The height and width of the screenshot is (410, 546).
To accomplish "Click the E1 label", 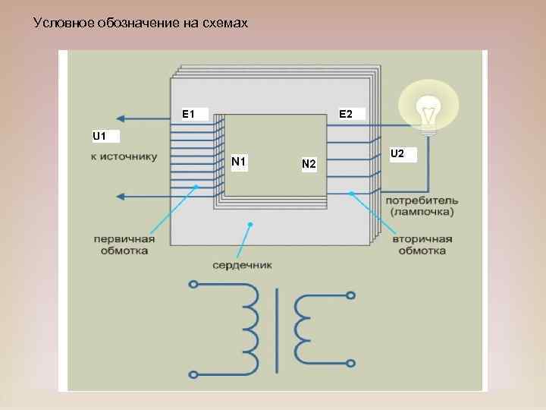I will [189, 115].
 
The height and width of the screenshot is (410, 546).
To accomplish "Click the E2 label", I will [346, 114].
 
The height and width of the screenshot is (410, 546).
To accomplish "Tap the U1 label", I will [100, 137].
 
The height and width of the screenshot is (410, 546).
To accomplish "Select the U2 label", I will [397, 154].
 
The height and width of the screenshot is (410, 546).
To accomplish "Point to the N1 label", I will [239, 162].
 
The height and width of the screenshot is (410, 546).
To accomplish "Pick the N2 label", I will [309, 164].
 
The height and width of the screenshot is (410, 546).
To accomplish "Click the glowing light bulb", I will [428, 109].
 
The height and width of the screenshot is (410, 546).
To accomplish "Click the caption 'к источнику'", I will [124, 157].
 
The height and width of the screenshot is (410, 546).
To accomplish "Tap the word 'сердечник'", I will [242, 266].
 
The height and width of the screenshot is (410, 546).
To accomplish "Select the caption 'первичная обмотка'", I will [124, 244].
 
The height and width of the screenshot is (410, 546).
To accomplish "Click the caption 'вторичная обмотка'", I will [422, 244].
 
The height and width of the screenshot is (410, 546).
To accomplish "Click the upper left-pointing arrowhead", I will [120, 118].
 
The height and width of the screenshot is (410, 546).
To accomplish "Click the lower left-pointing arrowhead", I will [120, 197].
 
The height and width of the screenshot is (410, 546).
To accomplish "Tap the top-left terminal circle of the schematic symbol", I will [193, 286].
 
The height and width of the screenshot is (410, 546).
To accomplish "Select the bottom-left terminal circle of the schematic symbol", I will [193, 374].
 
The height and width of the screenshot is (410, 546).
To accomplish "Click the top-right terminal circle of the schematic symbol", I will [350, 295].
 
